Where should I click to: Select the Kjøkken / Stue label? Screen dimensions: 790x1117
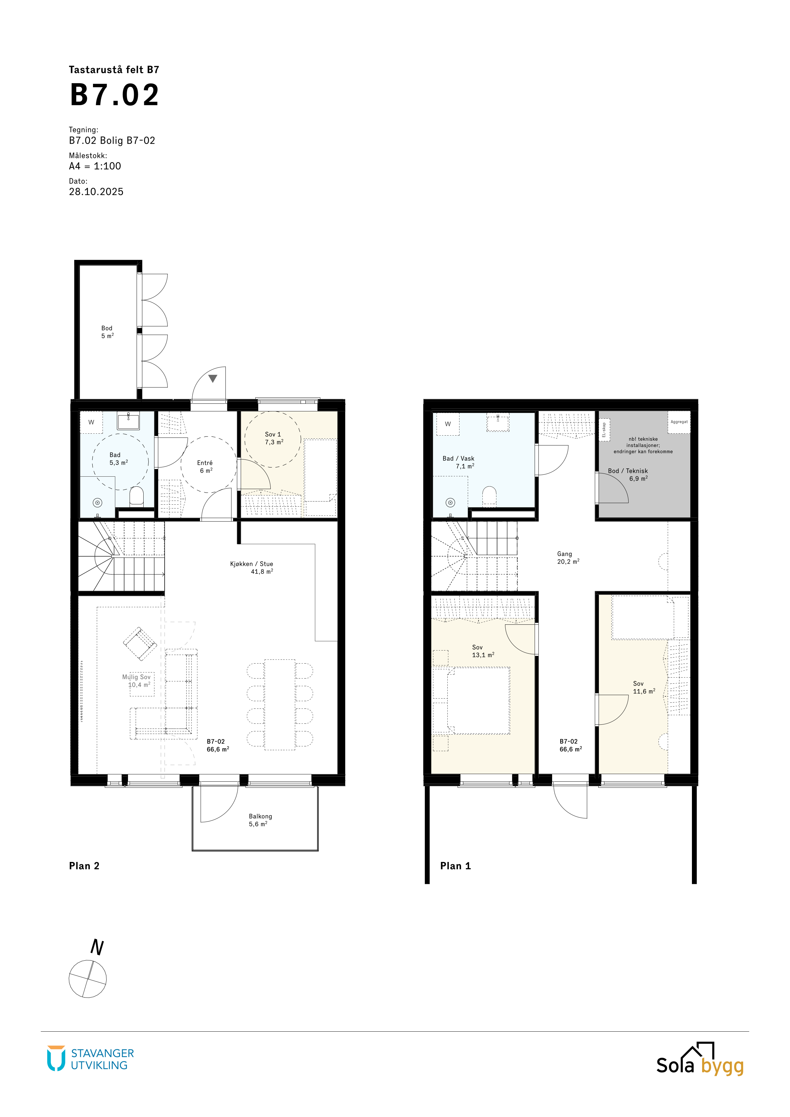252,564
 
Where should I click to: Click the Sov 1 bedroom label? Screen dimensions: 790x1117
273,434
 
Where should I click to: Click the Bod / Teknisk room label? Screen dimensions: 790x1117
628,471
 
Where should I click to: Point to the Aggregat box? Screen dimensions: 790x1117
679,422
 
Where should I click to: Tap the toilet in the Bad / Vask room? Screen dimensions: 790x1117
489,496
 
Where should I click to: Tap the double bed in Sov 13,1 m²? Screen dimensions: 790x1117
479,700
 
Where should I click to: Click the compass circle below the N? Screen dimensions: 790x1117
88,979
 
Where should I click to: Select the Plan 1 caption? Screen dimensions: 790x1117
455,866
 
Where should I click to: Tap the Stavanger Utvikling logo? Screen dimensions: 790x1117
90,1059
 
